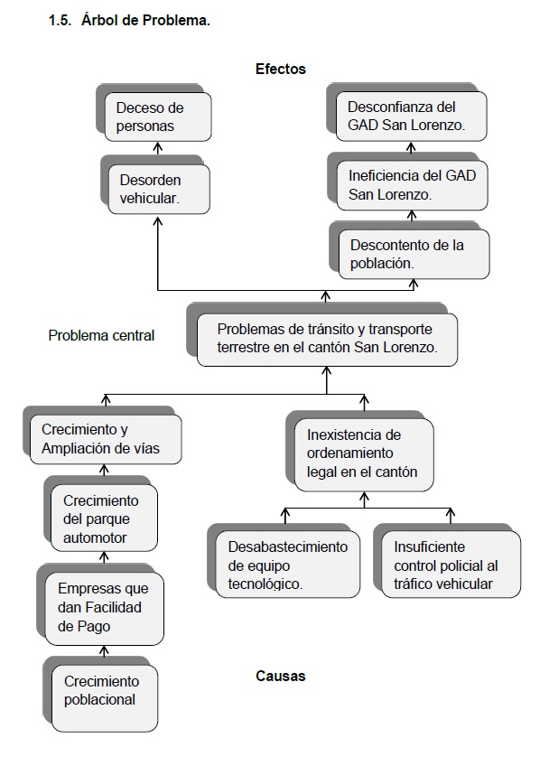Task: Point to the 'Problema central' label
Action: tap(101, 336)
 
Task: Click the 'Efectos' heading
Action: tap(280, 69)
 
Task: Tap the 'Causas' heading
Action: tap(280, 676)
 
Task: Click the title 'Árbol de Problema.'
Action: tap(145, 21)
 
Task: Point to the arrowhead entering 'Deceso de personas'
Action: tap(158, 145)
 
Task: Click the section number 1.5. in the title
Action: tap(60, 21)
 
